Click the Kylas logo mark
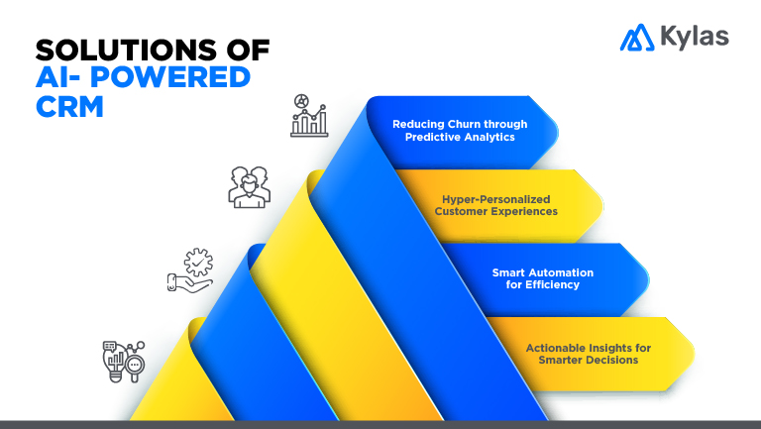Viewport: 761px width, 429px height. (x=636, y=38)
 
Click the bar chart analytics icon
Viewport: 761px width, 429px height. (x=309, y=116)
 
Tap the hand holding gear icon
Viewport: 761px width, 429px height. (x=190, y=269)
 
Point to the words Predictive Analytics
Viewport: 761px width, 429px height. (x=460, y=137)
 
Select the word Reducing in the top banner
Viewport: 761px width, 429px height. (x=416, y=124)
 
